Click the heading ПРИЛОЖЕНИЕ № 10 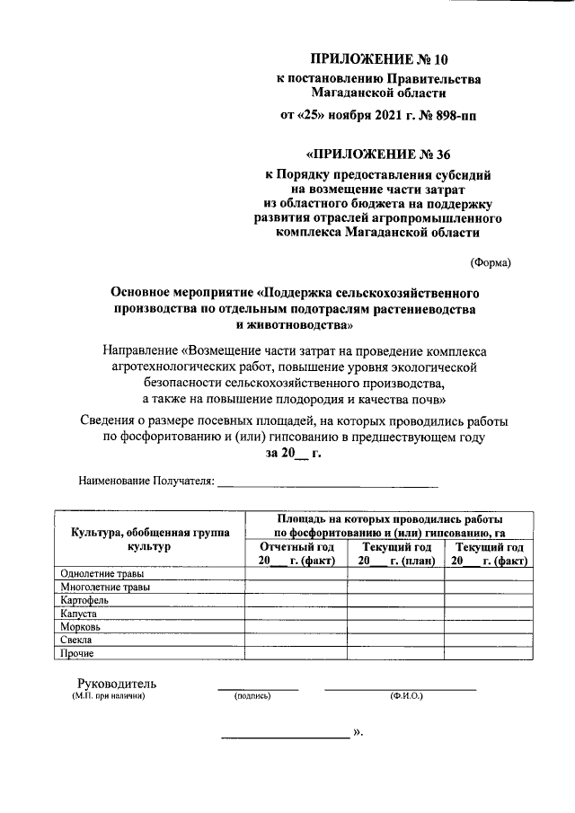(x=377, y=60)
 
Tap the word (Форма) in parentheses (x=491, y=262)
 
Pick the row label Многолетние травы (x=104, y=588)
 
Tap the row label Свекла (x=77, y=640)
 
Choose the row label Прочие (x=77, y=653)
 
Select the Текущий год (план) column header (x=395, y=553)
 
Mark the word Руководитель (x=117, y=682)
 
